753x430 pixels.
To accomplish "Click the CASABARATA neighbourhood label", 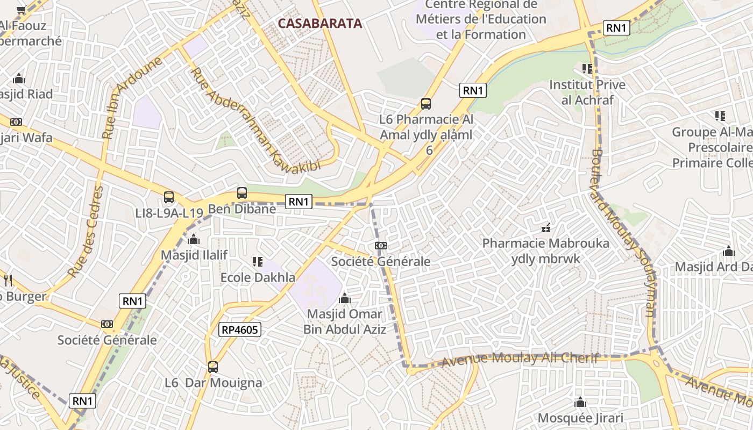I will [320, 24].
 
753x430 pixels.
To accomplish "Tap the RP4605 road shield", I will [239, 329].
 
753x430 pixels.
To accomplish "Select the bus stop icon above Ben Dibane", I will [242, 193].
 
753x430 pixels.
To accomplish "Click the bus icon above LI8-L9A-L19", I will [169, 197].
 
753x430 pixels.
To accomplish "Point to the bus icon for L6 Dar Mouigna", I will [213, 367].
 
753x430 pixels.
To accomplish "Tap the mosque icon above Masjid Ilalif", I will [194, 239].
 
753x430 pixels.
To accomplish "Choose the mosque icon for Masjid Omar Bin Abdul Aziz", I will [345, 298].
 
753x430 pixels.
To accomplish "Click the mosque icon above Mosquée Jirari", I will [580, 402].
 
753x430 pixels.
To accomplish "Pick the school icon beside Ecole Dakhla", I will [257, 262].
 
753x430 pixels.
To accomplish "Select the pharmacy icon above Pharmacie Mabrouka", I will [546, 228].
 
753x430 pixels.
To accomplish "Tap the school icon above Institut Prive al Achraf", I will [587, 69].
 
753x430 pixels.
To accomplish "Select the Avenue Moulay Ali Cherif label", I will [520, 360].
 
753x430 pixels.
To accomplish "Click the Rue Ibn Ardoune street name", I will [132, 98].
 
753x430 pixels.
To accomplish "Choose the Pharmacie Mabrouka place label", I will [545, 243].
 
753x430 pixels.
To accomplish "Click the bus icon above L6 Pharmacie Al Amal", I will [426, 103].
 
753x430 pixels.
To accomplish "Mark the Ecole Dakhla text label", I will [258, 277].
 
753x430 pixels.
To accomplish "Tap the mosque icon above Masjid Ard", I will [729, 251].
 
